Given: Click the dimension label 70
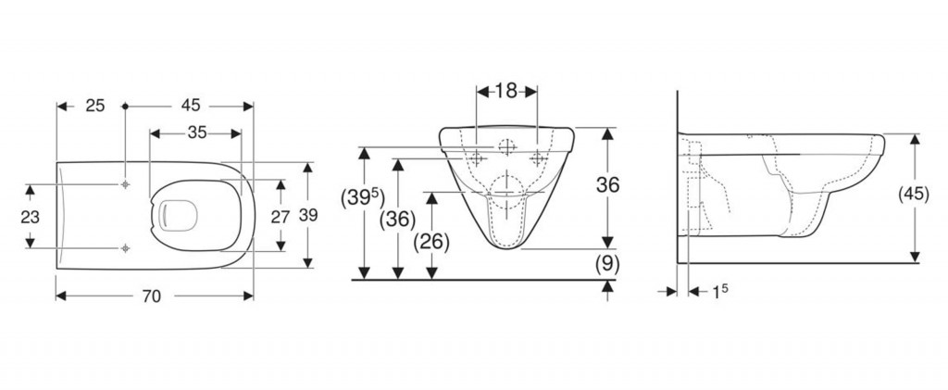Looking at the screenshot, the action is [x=153, y=296].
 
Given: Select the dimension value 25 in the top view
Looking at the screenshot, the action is [x=95, y=106].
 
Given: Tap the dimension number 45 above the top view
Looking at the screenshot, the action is [x=190, y=106].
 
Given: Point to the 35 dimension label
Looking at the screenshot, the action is [x=197, y=132].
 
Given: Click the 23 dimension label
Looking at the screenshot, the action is [x=31, y=217].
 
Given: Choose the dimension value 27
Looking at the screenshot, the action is [x=281, y=217].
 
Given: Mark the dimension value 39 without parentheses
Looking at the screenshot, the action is [x=308, y=215].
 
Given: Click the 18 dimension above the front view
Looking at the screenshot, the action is [x=506, y=92].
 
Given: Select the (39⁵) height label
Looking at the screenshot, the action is [x=363, y=197].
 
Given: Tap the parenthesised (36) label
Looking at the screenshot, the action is [x=397, y=220].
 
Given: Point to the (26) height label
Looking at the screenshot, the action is [x=431, y=242].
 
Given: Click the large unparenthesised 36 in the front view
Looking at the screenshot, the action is [x=607, y=185].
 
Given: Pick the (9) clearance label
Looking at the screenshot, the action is [x=607, y=264].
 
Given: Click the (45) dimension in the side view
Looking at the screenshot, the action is [x=914, y=195].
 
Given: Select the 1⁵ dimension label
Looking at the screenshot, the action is [x=718, y=293].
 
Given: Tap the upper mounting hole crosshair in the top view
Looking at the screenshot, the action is [x=125, y=184].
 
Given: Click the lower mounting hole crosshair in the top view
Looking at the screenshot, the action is [x=125, y=248].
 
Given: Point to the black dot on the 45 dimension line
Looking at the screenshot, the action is [x=125, y=106].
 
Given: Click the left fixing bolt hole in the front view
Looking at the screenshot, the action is [x=477, y=158].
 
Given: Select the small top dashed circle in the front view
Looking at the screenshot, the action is [x=506, y=146].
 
